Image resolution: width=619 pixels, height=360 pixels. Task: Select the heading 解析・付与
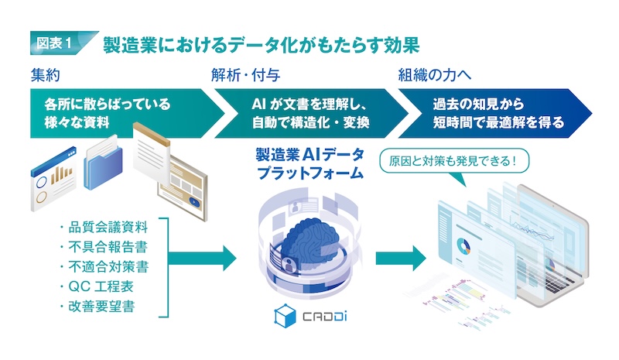[x=245, y=76]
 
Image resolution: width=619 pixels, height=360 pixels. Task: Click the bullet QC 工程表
[x=107, y=288]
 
